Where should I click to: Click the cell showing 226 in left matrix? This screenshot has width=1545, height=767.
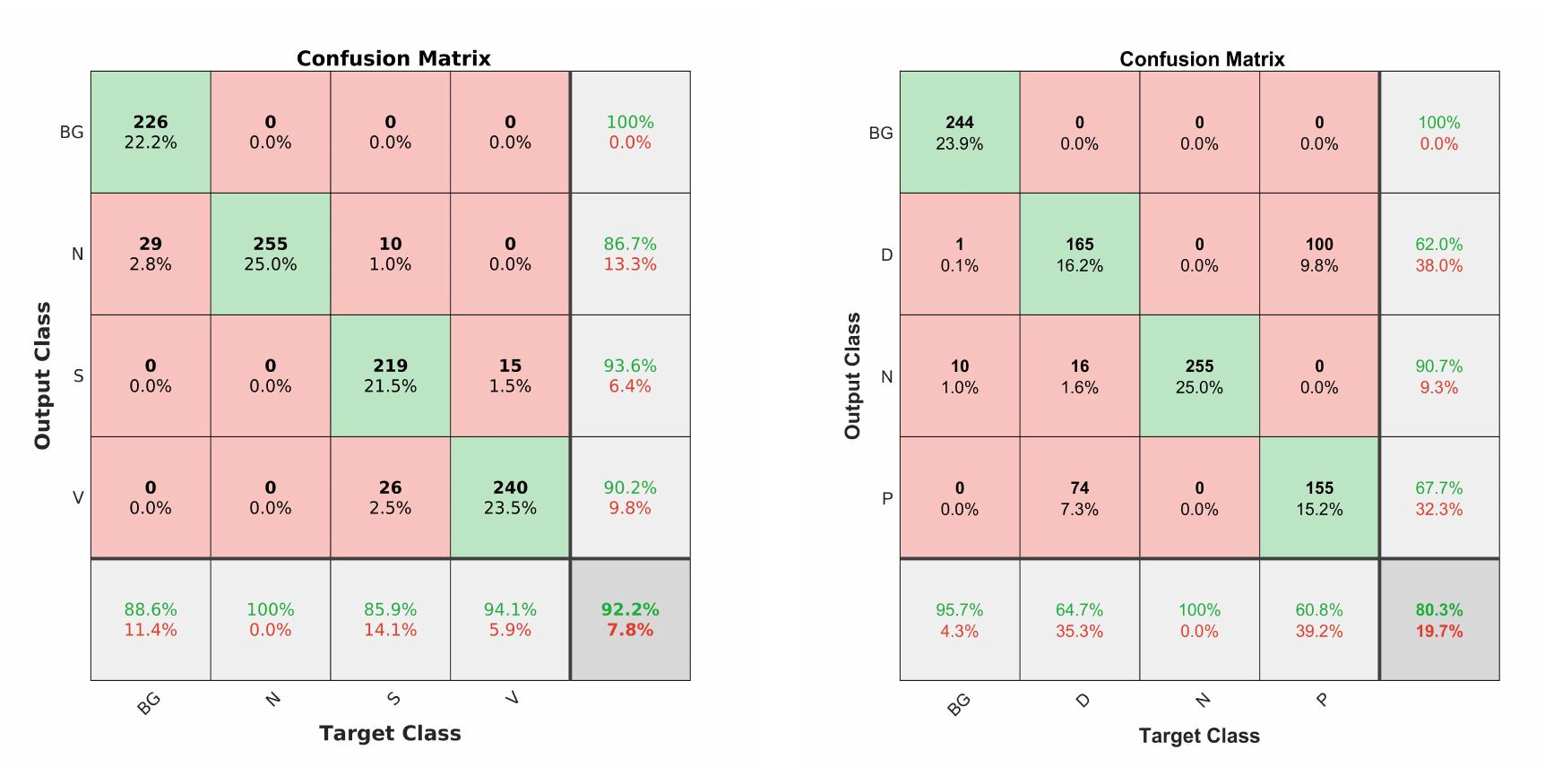[151, 132]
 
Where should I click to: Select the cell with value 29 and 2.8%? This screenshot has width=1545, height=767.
[151, 254]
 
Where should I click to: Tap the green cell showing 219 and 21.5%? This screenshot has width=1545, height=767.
[390, 375]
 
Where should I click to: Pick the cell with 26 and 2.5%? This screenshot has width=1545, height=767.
[390, 497]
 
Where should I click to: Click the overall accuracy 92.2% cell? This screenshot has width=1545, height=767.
[630, 619]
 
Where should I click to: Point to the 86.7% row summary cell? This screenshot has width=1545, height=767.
[630, 254]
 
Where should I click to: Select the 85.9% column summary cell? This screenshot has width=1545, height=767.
[390, 619]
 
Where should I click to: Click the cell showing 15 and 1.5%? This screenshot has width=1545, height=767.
[510, 375]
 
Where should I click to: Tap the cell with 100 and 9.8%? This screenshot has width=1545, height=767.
[1319, 254]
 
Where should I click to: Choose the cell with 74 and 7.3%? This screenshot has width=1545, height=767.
[1079, 498]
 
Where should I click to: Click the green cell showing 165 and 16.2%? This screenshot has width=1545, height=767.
[1079, 254]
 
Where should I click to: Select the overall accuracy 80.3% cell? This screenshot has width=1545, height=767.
[1439, 620]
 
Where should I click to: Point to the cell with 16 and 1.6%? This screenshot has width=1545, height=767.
[1079, 376]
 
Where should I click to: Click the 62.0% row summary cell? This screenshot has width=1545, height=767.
[1439, 254]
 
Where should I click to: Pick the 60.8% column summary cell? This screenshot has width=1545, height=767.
[1319, 620]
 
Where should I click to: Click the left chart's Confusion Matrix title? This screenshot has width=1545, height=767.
[393, 58]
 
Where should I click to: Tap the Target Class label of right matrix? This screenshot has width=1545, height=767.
[1199, 736]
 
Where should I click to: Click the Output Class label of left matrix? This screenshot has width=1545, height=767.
[42, 375]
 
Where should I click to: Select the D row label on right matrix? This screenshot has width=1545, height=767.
[886, 255]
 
